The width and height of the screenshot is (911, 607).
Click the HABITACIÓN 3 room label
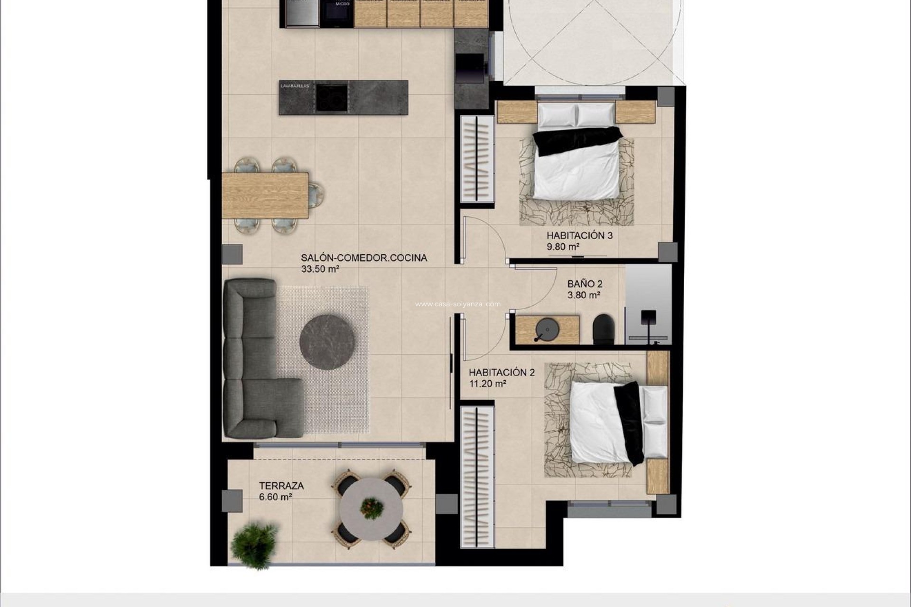(579, 235)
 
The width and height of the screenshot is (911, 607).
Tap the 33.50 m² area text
(320, 269)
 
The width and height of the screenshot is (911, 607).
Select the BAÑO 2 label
(585, 284)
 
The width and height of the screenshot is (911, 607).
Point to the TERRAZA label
(281, 486)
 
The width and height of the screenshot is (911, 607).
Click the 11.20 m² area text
(488, 384)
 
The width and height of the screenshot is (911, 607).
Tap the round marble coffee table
(327, 342)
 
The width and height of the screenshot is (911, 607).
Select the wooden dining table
(265, 195)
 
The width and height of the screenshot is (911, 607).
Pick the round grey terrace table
(371, 509)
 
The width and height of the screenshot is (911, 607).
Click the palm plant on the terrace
(254, 544)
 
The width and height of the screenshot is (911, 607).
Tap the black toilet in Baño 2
(604, 329)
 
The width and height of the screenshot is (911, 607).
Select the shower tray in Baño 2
(648, 303)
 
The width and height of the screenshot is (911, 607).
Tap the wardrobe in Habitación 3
(477, 158)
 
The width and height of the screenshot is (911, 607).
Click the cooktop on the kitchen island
(331, 97)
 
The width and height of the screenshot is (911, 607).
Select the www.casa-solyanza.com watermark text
(457, 304)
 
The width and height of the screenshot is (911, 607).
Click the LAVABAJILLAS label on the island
(295, 86)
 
